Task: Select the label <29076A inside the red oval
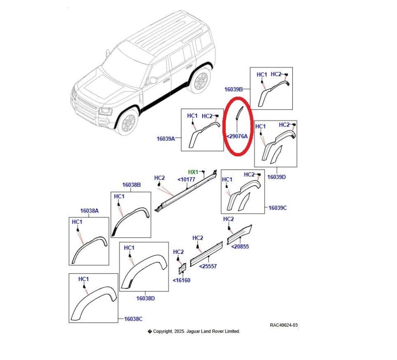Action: pos(237,136)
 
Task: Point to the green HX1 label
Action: pos(193,172)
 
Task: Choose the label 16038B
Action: pos(132,185)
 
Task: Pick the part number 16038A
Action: pos(89,210)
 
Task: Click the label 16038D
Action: pos(146,298)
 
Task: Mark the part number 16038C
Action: pos(133,319)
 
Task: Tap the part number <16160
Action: pos(182,280)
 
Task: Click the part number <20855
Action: pos(240,246)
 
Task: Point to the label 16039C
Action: pos(277,208)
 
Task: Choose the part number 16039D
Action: pos(277,176)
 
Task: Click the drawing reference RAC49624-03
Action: pos(284,325)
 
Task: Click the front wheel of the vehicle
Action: pos(127,122)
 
